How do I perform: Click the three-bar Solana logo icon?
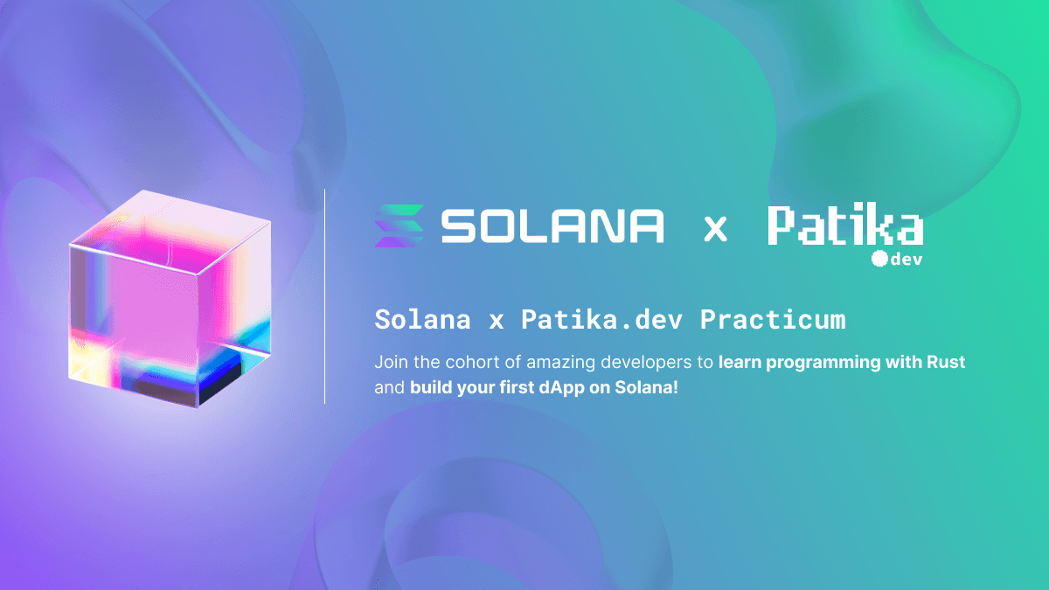(x=399, y=226)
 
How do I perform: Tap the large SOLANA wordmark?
(x=552, y=226)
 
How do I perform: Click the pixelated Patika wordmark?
(x=845, y=226)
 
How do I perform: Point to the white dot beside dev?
(x=879, y=259)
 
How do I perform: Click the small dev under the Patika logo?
(x=907, y=260)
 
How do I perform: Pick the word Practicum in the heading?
(x=773, y=320)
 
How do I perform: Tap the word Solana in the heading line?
(x=422, y=320)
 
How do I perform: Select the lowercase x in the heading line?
(x=497, y=322)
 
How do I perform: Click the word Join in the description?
(x=390, y=362)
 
